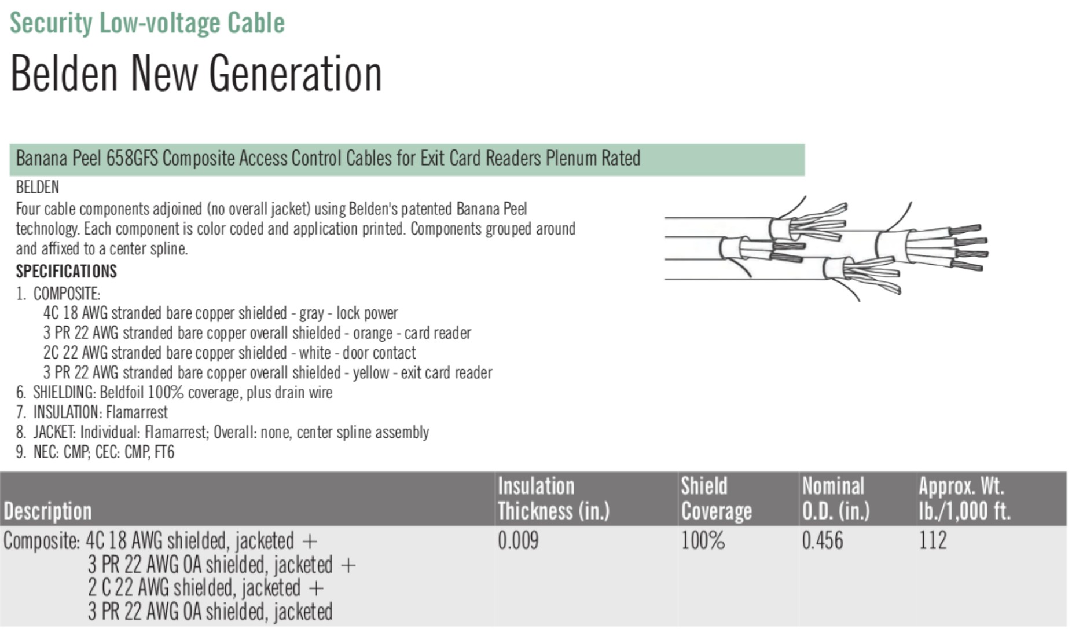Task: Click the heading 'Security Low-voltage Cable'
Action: pyautogui.click(x=147, y=23)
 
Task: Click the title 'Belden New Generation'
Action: pyautogui.click(x=196, y=74)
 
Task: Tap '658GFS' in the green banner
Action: pyautogui.click(x=131, y=159)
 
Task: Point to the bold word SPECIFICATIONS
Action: pyautogui.click(x=66, y=271)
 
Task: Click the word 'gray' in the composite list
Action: pyautogui.click(x=311, y=313)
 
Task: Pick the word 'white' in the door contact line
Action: pyautogui.click(x=315, y=353)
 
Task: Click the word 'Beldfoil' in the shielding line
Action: pyautogui.click(x=122, y=393)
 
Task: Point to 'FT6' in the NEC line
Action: pyautogui.click(x=164, y=452)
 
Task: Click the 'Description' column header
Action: pyautogui.click(x=47, y=511)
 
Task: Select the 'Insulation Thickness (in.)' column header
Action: pyautogui.click(x=553, y=498)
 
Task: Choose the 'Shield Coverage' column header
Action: pyautogui.click(x=716, y=498)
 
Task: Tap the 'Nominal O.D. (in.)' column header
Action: pyautogui.click(x=835, y=498)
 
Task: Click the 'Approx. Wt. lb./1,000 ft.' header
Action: pyautogui.click(x=964, y=498)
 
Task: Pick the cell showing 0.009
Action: pyautogui.click(x=518, y=540)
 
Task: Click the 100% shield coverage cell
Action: pyautogui.click(x=703, y=540)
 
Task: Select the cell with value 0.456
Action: pyautogui.click(x=822, y=540)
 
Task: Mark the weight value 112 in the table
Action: pyautogui.click(x=933, y=540)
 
